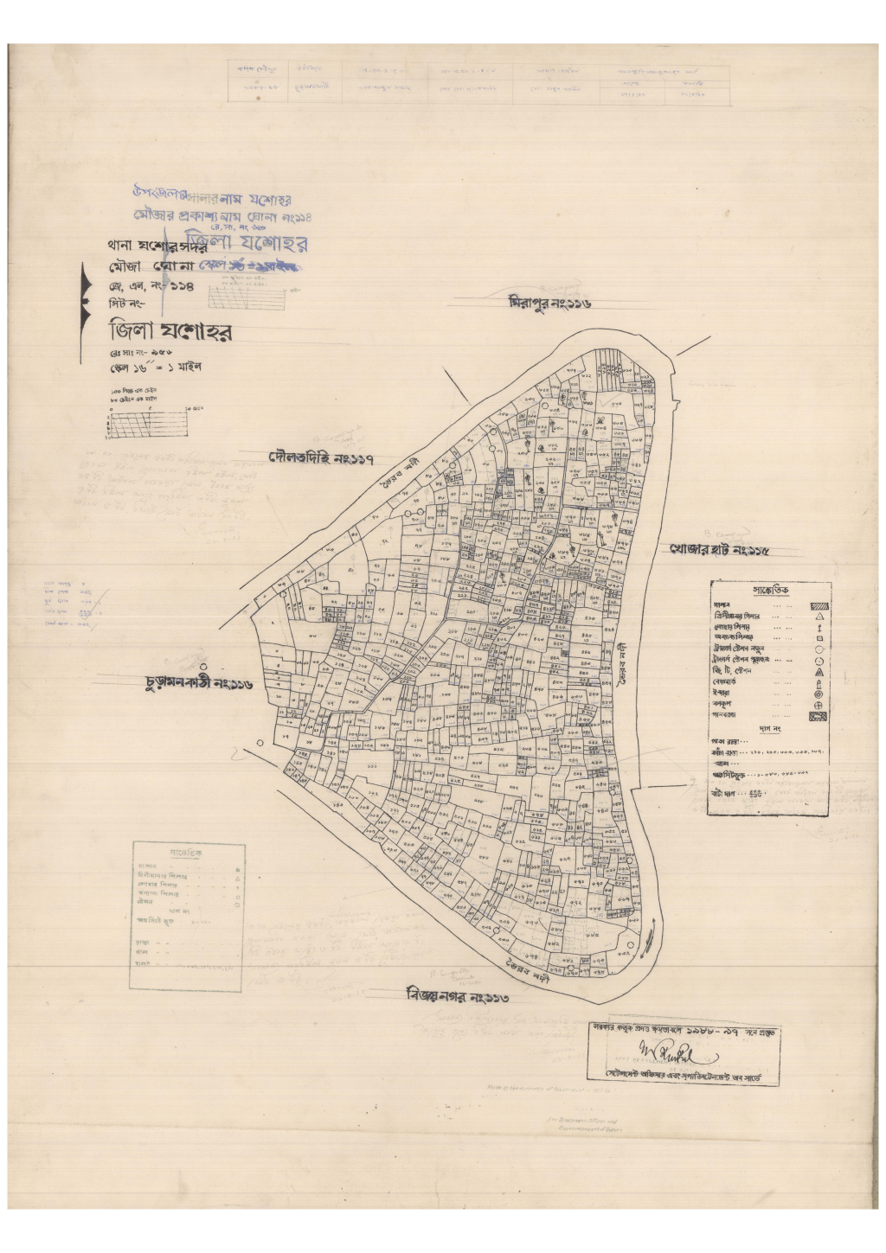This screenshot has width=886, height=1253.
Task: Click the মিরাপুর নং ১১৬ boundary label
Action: (x=549, y=304)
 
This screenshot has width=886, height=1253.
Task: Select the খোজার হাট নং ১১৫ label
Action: (x=719, y=550)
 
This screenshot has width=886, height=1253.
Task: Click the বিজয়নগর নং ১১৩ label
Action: (x=458, y=996)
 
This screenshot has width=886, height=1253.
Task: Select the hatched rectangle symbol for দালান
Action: (x=819, y=606)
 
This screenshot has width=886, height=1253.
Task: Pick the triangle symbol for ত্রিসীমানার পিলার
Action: (x=819, y=617)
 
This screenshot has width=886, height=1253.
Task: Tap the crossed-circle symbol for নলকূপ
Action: (x=819, y=705)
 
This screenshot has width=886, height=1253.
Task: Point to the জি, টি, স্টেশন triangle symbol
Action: (x=819, y=672)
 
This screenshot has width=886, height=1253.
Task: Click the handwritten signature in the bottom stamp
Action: (x=679, y=1054)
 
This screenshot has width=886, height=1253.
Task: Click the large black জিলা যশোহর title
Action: (x=170, y=332)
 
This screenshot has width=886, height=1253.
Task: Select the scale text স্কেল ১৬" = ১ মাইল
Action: (x=155, y=368)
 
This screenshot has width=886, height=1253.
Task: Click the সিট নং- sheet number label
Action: (x=125, y=304)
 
